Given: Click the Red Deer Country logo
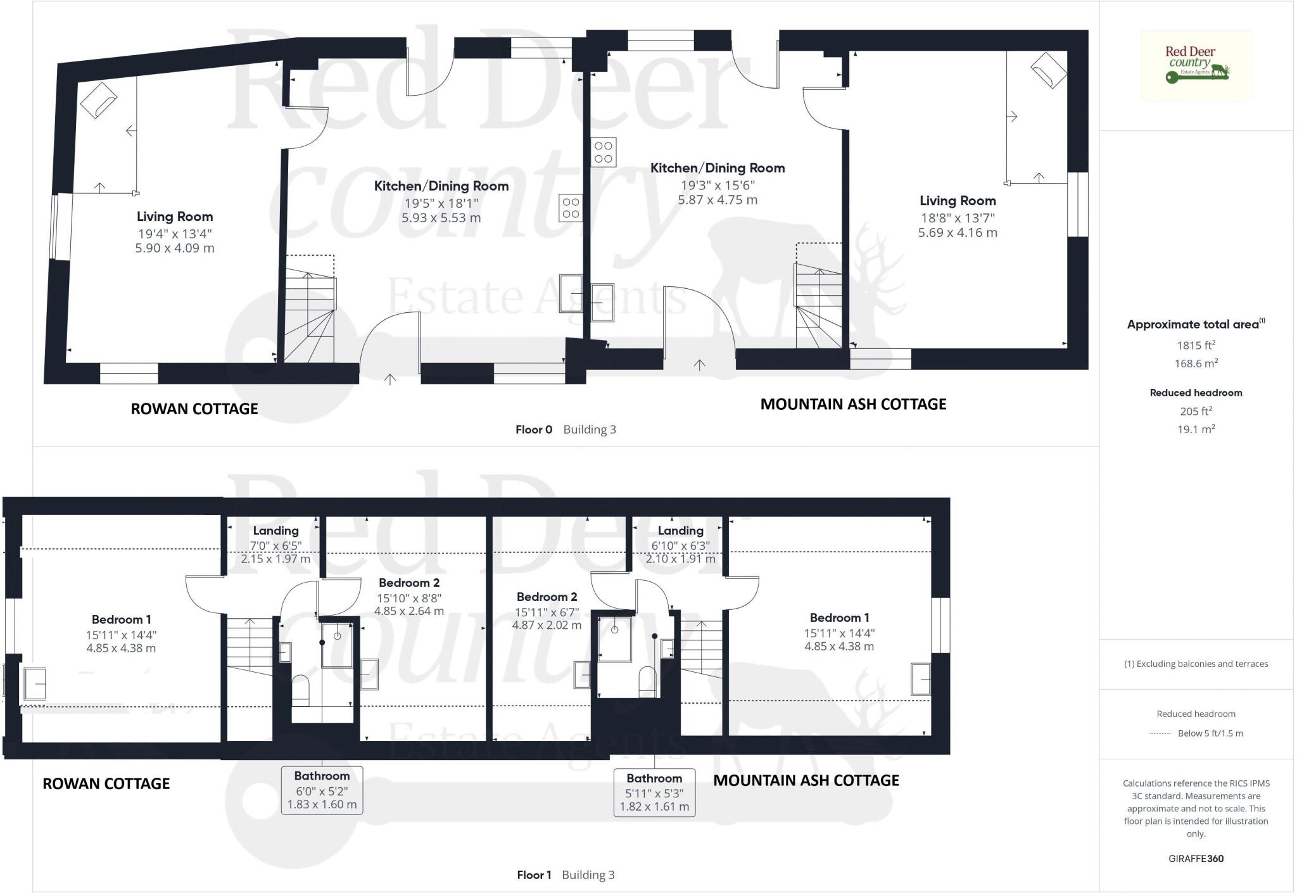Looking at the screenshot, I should click(1196, 65).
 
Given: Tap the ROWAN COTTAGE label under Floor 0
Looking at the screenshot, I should click(194, 409).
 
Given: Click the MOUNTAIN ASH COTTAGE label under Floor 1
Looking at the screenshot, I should click(806, 780).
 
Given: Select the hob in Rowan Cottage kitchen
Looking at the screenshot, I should click(570, 208).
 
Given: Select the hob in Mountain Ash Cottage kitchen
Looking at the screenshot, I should click(603, 152).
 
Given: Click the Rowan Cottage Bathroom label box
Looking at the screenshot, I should click(322, 790).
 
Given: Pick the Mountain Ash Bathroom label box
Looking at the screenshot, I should click(654, 792).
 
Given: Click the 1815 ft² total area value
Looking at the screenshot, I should click(1196, 345).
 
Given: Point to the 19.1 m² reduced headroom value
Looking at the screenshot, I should click(1196, 429).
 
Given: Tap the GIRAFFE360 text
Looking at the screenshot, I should click(1196, 859).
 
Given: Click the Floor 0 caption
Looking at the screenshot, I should click(533, 429).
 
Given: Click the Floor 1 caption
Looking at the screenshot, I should click(534, 875).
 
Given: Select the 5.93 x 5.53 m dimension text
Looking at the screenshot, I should click(441, 218).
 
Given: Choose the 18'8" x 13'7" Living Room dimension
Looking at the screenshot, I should click(958, 218).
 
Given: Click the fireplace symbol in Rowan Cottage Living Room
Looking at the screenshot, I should click(98, 100).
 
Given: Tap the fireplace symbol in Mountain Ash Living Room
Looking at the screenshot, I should click(1049, 69).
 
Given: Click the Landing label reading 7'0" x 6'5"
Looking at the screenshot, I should click(275, 545).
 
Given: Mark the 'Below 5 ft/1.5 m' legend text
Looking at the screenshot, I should click(1210, 733).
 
